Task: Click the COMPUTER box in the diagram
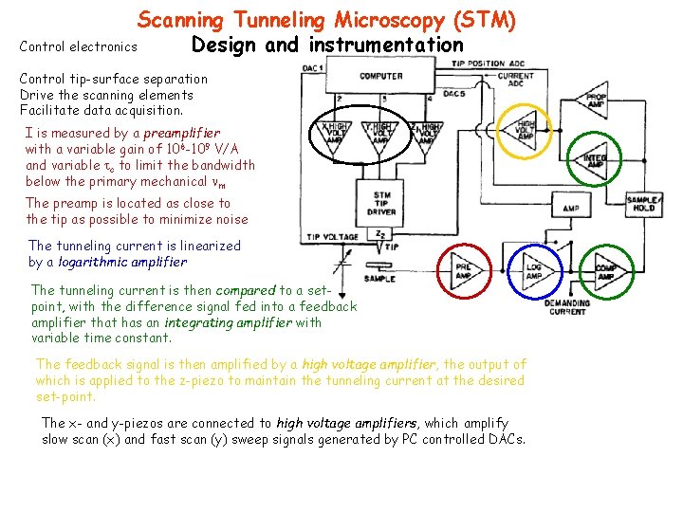[380, 76]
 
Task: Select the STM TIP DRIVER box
[381, 202]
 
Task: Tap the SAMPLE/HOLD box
[643, 203]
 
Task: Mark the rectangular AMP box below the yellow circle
[571, 209]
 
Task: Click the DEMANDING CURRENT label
[566, 307]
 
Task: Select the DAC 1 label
[312, 68]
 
